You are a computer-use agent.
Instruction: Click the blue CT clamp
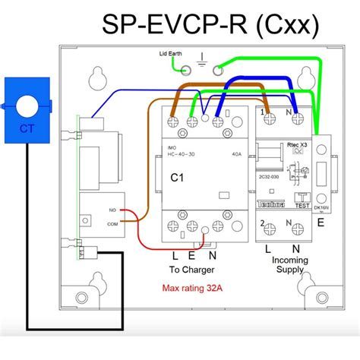point(26,107)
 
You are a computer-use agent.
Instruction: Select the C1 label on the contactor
point(177,178)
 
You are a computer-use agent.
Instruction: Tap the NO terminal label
point(112,210)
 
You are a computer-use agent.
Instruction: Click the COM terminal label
point(113,225)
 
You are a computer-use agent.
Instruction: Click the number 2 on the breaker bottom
point(262,224)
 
